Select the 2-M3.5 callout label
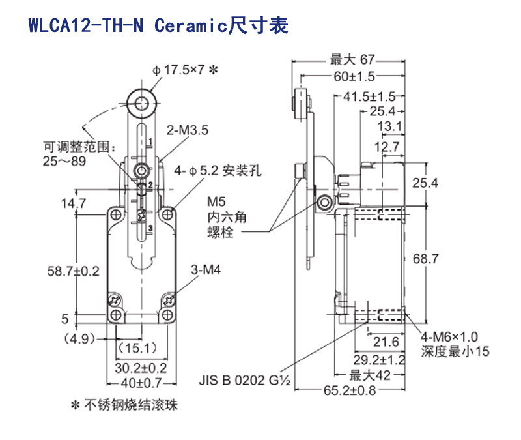188,130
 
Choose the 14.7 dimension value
74,203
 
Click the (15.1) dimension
135,347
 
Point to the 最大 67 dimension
350,61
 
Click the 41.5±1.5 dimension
369,96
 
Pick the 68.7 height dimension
425,259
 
